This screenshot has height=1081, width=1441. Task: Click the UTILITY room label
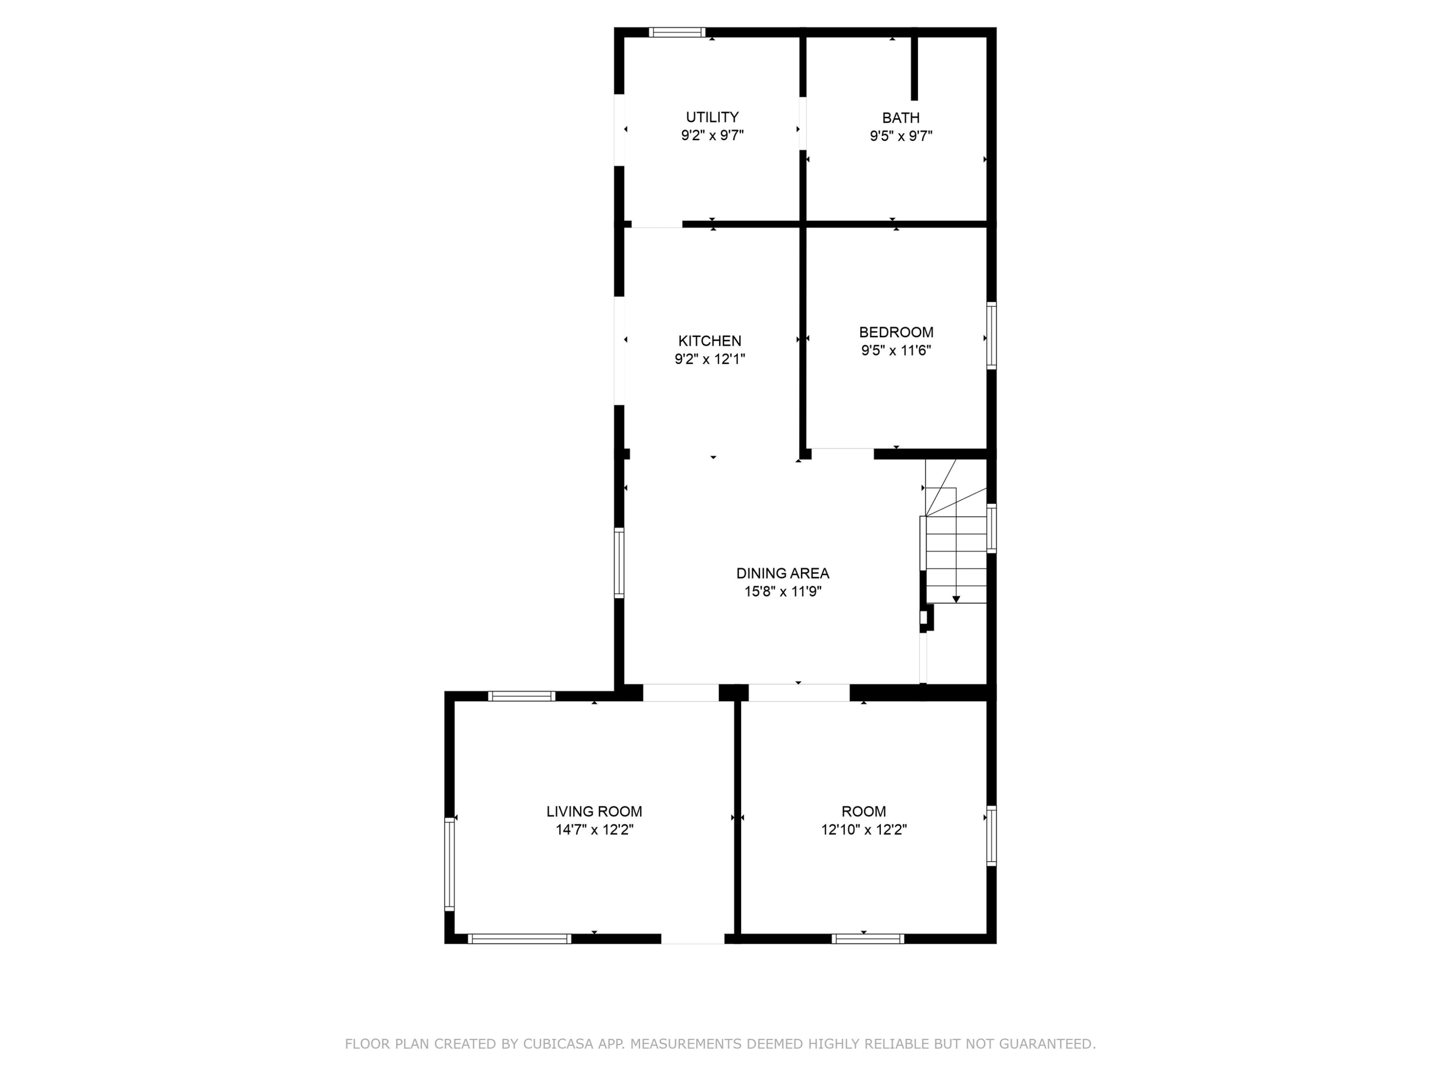[x=712, y=117]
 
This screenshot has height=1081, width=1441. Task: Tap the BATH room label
[x=901, y=118]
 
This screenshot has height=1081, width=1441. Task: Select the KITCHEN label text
[x=709, y=341]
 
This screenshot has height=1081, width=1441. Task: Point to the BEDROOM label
[x=896, y=332]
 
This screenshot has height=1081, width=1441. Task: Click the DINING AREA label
[x=782, y=573]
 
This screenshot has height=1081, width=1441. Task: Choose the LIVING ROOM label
[x=594, y=811]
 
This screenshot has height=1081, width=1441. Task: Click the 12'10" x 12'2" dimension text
[x=864, y=829]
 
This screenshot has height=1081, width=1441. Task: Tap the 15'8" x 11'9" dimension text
[x=782, y=591]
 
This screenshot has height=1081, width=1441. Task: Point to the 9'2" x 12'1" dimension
[x=709, y=359]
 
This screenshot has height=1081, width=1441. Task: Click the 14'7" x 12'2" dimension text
[x=594, y=829]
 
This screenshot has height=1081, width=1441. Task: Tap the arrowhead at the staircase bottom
[x=956, y=599]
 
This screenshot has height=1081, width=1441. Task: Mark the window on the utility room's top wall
[x=677, y=32]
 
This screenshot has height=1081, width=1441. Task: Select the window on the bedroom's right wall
[x=991, y=335]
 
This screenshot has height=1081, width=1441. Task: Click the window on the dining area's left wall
[x=619, y=562]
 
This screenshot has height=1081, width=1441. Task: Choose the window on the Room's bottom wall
[x=868, y=939]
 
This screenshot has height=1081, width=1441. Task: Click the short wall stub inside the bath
[x=914, y=68]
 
